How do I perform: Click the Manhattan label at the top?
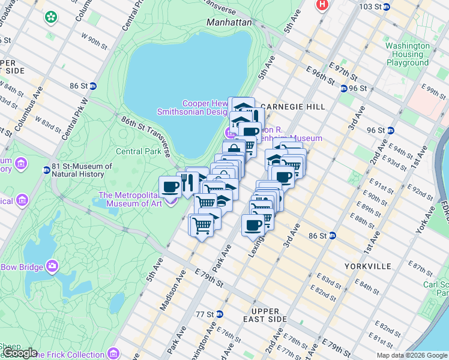coord(229,22)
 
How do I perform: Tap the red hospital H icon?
coord(323,4)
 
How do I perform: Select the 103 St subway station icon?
coord(387,7)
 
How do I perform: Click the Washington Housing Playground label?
coord(408,54)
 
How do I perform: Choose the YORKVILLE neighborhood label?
coord(368,266)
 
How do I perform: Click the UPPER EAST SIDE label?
coord(265,316)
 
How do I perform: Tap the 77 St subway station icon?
coord(220,314)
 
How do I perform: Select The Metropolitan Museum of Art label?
coord(130,199)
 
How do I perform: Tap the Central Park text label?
coord(138,152)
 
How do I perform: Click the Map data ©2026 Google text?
coord(411,355)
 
